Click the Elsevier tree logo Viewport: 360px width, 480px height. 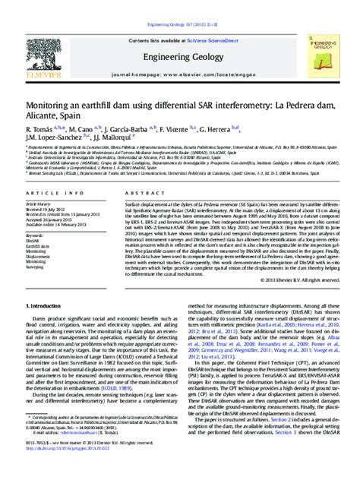click(43, 46)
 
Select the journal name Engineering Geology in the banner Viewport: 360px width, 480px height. click(180, 56)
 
